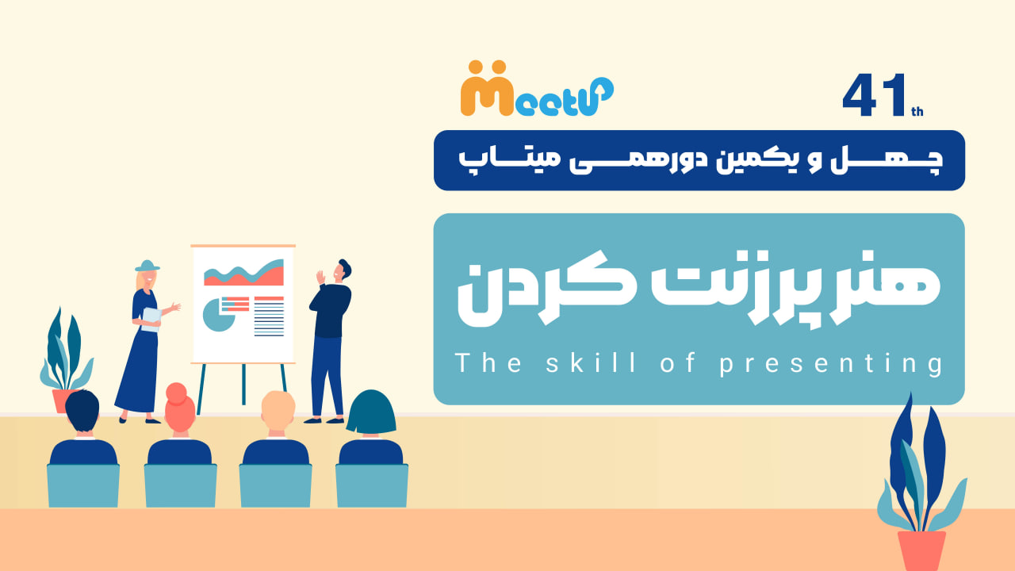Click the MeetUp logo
click(x=537, y=88)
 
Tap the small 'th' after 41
click(x=917, y=112)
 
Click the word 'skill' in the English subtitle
click(x=591, y=362)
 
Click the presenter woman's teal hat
click(x=147, y=266)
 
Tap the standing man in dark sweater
click(x=329, y=341)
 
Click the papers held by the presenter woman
click(x=151, y=320)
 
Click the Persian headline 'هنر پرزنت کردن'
click(x=699, y=289)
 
